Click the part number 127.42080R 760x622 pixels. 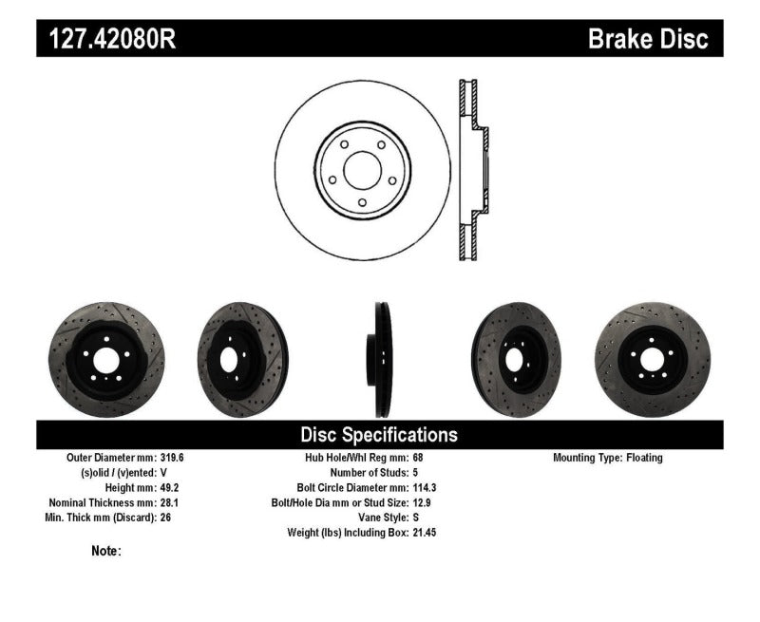[105, 38]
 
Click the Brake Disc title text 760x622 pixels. [649, 38]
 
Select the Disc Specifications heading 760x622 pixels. [379, 435]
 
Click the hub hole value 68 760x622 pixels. [418, 458]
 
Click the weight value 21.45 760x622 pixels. [425, 533]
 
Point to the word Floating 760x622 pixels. [644, 458]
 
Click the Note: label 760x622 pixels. [106, 551]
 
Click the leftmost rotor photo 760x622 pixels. [92, 353]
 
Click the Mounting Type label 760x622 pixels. [587, 458]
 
